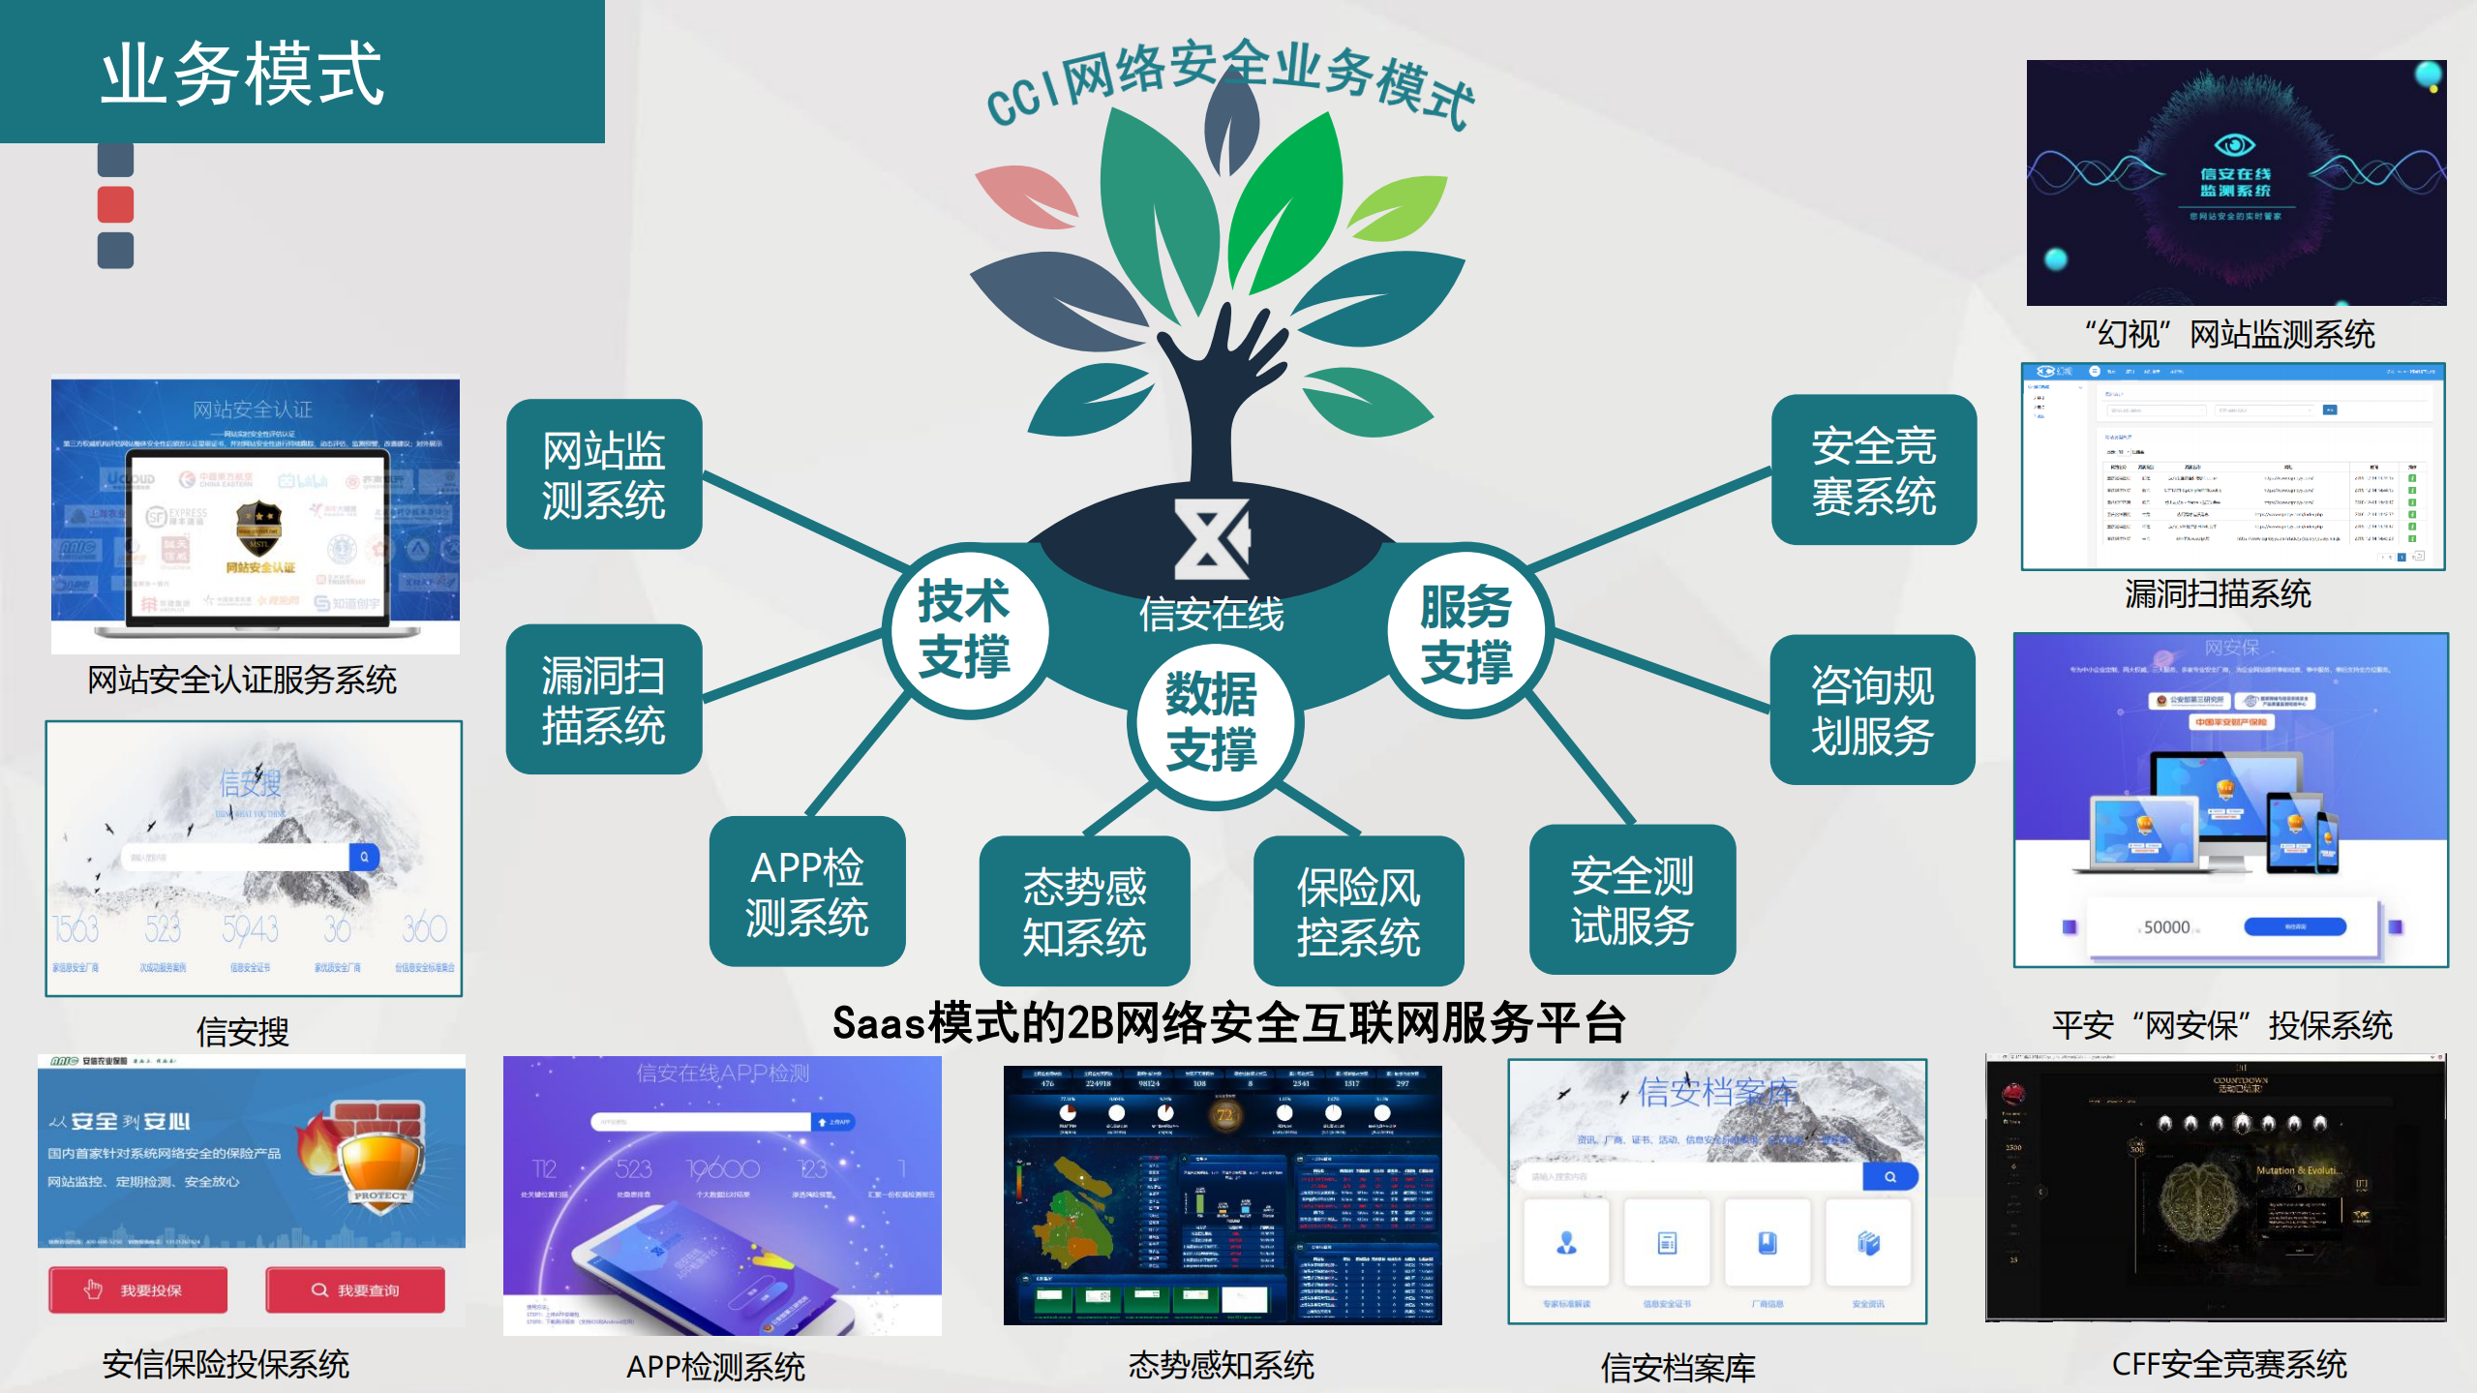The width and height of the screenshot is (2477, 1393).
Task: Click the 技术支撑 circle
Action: (x=964, y=630)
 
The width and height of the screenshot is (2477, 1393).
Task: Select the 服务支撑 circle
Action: (x=1467, y=634)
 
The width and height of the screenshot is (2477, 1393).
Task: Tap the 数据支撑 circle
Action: (x=1213, y=721)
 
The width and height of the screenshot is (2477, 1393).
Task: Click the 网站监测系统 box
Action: (x=604, y=474)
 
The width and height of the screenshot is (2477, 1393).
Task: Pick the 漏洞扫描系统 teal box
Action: (x=604, y=699)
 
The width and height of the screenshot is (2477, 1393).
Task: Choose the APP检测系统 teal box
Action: (x=807, y=892)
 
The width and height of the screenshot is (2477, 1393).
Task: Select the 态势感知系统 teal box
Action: (x=1084, y=911)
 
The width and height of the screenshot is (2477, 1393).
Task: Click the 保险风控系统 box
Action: (x=1358, y=911)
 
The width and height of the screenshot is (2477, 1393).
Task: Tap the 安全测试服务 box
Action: (x=1632, y=899)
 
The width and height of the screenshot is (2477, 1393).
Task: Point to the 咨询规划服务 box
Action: (x=1872, y=710)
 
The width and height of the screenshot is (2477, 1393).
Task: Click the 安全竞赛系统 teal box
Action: (x=1874, y=470)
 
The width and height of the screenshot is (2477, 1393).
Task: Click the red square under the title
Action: (x=116, y=204)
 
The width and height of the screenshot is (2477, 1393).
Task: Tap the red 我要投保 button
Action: (x=138, y=1289)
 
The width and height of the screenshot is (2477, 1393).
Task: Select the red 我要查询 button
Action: (x=355, y=1289)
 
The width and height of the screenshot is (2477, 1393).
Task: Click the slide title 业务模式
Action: (x=243, y=74)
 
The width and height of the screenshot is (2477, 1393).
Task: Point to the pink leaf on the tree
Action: (x=1027, y=195)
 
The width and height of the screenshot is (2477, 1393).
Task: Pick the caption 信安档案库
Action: (x=1677, y=1367)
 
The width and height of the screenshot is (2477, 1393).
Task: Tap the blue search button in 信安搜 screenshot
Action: (x=364, y=857)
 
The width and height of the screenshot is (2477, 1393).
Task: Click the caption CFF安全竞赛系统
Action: (x=2228, y=1364)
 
